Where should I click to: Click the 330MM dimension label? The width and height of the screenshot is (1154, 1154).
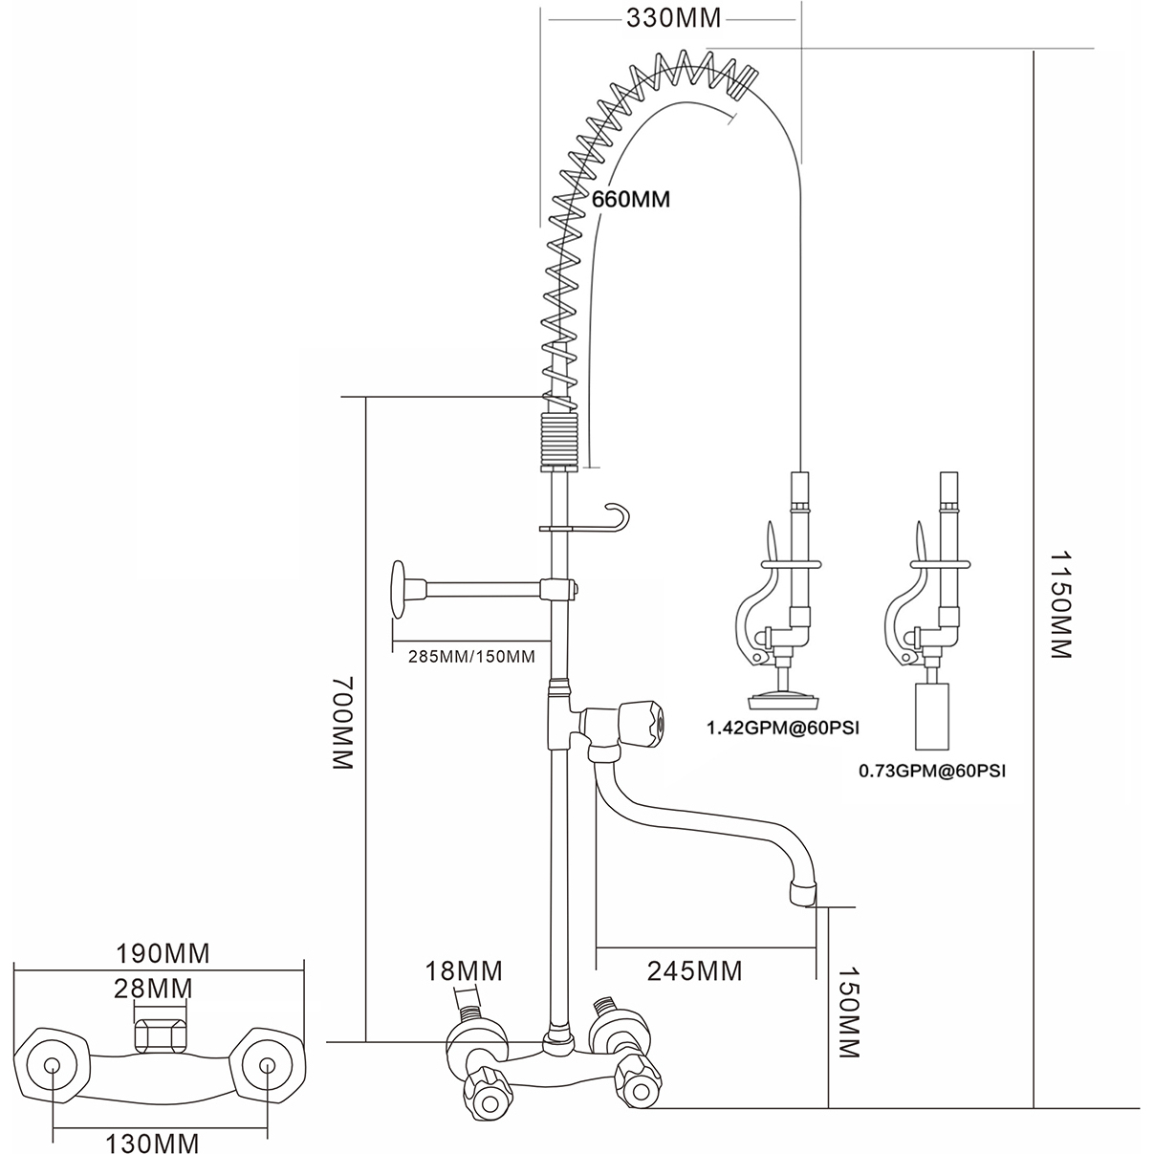[671, 17]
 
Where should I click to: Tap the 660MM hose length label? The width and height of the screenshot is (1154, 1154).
[631, 200]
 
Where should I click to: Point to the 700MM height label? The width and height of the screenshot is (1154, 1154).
[343, 724]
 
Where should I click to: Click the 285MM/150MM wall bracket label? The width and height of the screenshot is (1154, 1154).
[471, 656]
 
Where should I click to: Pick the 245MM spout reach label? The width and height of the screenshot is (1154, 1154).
[694, 970]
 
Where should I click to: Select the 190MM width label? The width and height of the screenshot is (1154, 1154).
[163, 953]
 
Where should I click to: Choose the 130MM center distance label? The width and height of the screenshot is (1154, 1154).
[156, 1142]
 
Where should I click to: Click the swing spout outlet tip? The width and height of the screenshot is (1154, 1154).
[803, 894]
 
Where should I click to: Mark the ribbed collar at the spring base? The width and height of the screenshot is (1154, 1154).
[560, 439]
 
